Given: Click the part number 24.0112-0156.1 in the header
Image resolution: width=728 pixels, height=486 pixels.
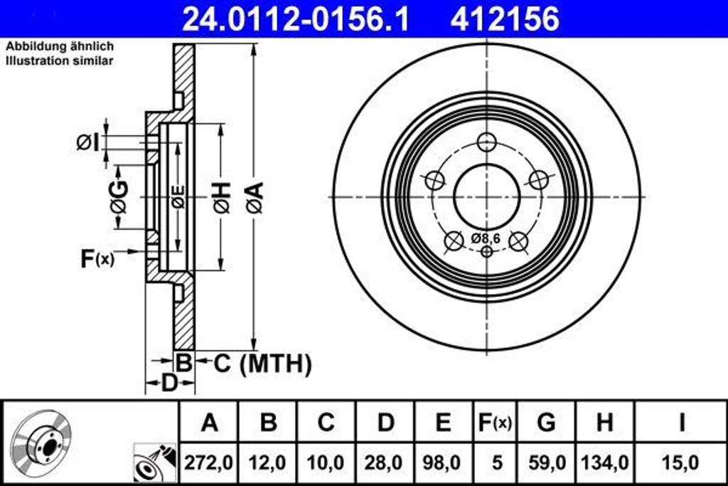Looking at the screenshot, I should (x=296, y=19).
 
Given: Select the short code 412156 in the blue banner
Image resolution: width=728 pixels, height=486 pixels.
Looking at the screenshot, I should (x=505, y=19).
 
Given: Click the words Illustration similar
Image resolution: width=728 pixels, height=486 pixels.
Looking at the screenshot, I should (x=60, y=61).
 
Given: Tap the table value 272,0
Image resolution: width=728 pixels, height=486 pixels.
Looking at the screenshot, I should (x=209, y=463).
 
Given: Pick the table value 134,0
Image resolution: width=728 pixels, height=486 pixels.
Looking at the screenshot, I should (x=604, y=463).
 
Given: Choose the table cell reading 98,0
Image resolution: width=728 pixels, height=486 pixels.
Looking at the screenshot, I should (x=443, y=463).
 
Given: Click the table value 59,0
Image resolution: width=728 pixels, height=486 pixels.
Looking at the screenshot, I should (x=546, y=463).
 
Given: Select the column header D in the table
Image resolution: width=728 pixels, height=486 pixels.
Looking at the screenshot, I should (x=385, y=423).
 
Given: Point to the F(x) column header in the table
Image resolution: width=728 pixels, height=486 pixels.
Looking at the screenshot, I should (x=493, y=423).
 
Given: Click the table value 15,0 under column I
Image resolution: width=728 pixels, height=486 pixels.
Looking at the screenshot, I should (x=680, y=463).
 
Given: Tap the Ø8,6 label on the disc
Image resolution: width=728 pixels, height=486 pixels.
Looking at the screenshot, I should (x=486, y=238).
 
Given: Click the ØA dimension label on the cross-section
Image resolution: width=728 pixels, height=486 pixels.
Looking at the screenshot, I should (x=255, y=197).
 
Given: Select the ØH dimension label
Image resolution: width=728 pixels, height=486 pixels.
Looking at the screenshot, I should (x=221, y=197).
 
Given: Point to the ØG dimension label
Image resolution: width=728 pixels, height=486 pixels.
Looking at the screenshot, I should (x=118, y=197).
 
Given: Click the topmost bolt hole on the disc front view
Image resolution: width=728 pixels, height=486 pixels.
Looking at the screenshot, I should (x=486, y=142).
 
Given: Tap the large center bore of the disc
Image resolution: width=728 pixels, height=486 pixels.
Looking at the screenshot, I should (x=486, y=196).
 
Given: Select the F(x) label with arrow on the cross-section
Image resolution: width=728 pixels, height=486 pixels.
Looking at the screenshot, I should (x=97, y=258).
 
